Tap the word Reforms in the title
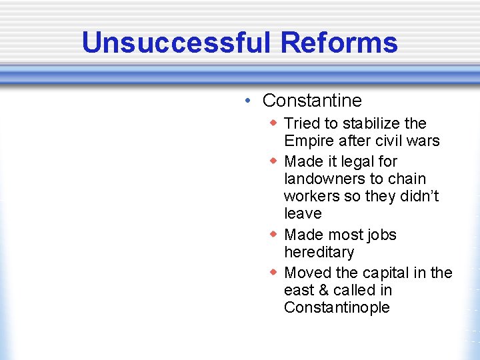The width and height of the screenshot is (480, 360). pos(339,43)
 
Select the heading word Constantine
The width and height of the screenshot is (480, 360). pos(312,101)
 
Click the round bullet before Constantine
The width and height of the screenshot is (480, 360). pos(247,101)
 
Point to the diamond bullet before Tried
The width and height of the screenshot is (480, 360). pos(273,123)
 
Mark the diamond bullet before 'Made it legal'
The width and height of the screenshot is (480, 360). pos(273,161)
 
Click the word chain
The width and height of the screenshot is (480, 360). pos(406,179)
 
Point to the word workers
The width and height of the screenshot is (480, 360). pos(310,196)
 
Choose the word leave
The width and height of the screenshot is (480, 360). pos(303,213)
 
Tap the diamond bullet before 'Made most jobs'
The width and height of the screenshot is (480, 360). pos(273,235)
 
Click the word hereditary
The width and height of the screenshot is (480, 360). pos(319,252)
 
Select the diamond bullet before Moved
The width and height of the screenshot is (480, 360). pos(273,273)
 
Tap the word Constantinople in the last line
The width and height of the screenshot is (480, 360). pos(337,307)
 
